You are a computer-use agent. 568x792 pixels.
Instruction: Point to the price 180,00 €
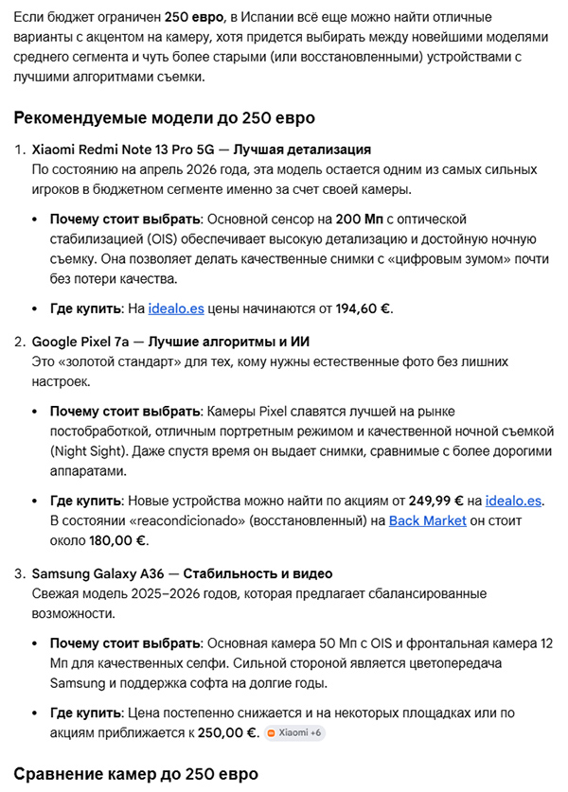point(115,540)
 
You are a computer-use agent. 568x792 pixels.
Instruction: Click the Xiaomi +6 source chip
point(294,732)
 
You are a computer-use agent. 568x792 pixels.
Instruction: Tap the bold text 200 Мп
point(383,220)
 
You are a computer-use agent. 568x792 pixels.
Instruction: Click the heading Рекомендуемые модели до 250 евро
point(164,118)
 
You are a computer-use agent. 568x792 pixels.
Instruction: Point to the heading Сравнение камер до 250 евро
point(135,773)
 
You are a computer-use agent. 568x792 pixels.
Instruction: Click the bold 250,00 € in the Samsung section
point(225,732)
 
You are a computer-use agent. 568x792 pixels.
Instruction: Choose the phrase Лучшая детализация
point(302,150)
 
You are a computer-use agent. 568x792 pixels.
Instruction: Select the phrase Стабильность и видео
point(257,573)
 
